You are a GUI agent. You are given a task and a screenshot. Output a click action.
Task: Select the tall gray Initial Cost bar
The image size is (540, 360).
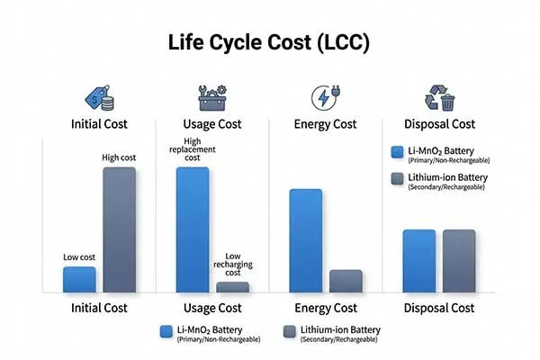(x=120, y=229)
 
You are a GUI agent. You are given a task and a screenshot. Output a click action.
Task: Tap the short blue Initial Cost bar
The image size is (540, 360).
(x=79, y=279)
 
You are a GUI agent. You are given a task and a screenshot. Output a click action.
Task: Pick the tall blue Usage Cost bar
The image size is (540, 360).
(x=193, y=229)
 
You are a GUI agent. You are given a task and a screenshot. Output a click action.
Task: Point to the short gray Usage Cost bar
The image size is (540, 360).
(x=233, y=287)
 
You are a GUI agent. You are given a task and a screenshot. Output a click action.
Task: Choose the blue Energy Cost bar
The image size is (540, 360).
(x=305, y=240)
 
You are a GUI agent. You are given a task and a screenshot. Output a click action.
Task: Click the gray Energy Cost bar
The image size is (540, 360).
(x=346, y=281)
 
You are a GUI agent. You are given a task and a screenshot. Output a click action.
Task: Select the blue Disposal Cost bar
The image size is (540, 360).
(x=418, y=261)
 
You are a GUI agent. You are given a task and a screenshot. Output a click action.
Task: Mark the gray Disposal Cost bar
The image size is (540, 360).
(x=458, y=261)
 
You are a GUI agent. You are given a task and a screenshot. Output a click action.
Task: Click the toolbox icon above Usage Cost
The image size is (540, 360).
(x=212, y=96)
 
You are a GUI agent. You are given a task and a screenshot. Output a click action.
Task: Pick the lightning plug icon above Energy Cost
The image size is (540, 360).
(x=324, y=96)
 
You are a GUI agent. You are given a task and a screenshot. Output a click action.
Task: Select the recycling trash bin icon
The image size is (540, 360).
(x=437, y=96)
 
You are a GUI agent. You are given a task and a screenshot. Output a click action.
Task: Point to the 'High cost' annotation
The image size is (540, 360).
(x=121, y=158)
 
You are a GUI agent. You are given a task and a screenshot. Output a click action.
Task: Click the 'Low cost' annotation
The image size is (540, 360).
(x=79, y=257)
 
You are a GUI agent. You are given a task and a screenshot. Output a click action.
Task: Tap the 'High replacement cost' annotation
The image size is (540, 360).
(x=193, y=148)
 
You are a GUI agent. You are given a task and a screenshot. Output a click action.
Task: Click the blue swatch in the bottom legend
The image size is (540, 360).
(x=166, y=331)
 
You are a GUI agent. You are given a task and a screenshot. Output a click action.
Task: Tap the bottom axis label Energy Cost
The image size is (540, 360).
(x=325, y=308)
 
